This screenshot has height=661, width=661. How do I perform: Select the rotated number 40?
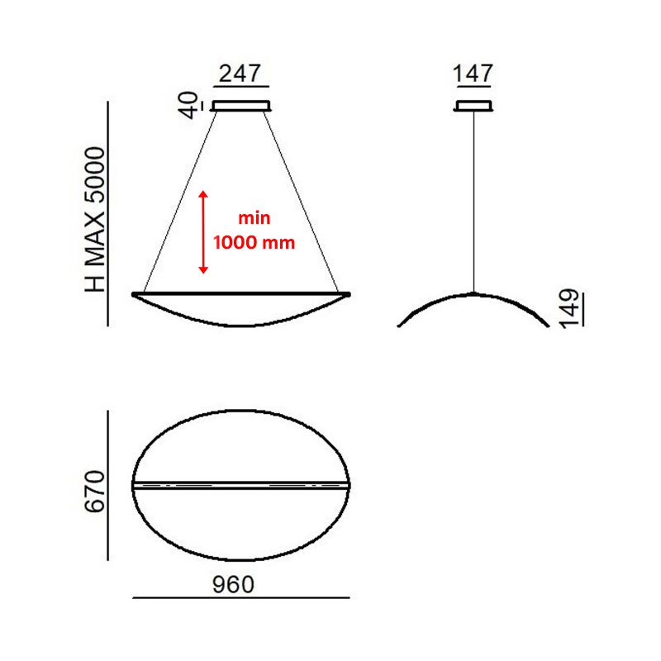coord(192,106)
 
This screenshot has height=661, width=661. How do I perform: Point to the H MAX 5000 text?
coord(96,220)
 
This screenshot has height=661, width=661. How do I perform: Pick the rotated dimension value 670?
coord(95,492)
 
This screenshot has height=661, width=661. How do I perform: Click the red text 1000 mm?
coord(254,244)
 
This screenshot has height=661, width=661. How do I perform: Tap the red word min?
coord(254,219)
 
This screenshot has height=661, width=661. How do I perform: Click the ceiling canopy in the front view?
coord(241,105)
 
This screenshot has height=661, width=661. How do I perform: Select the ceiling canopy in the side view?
coord(473,105)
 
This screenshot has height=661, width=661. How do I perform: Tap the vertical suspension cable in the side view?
coord(473,198)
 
